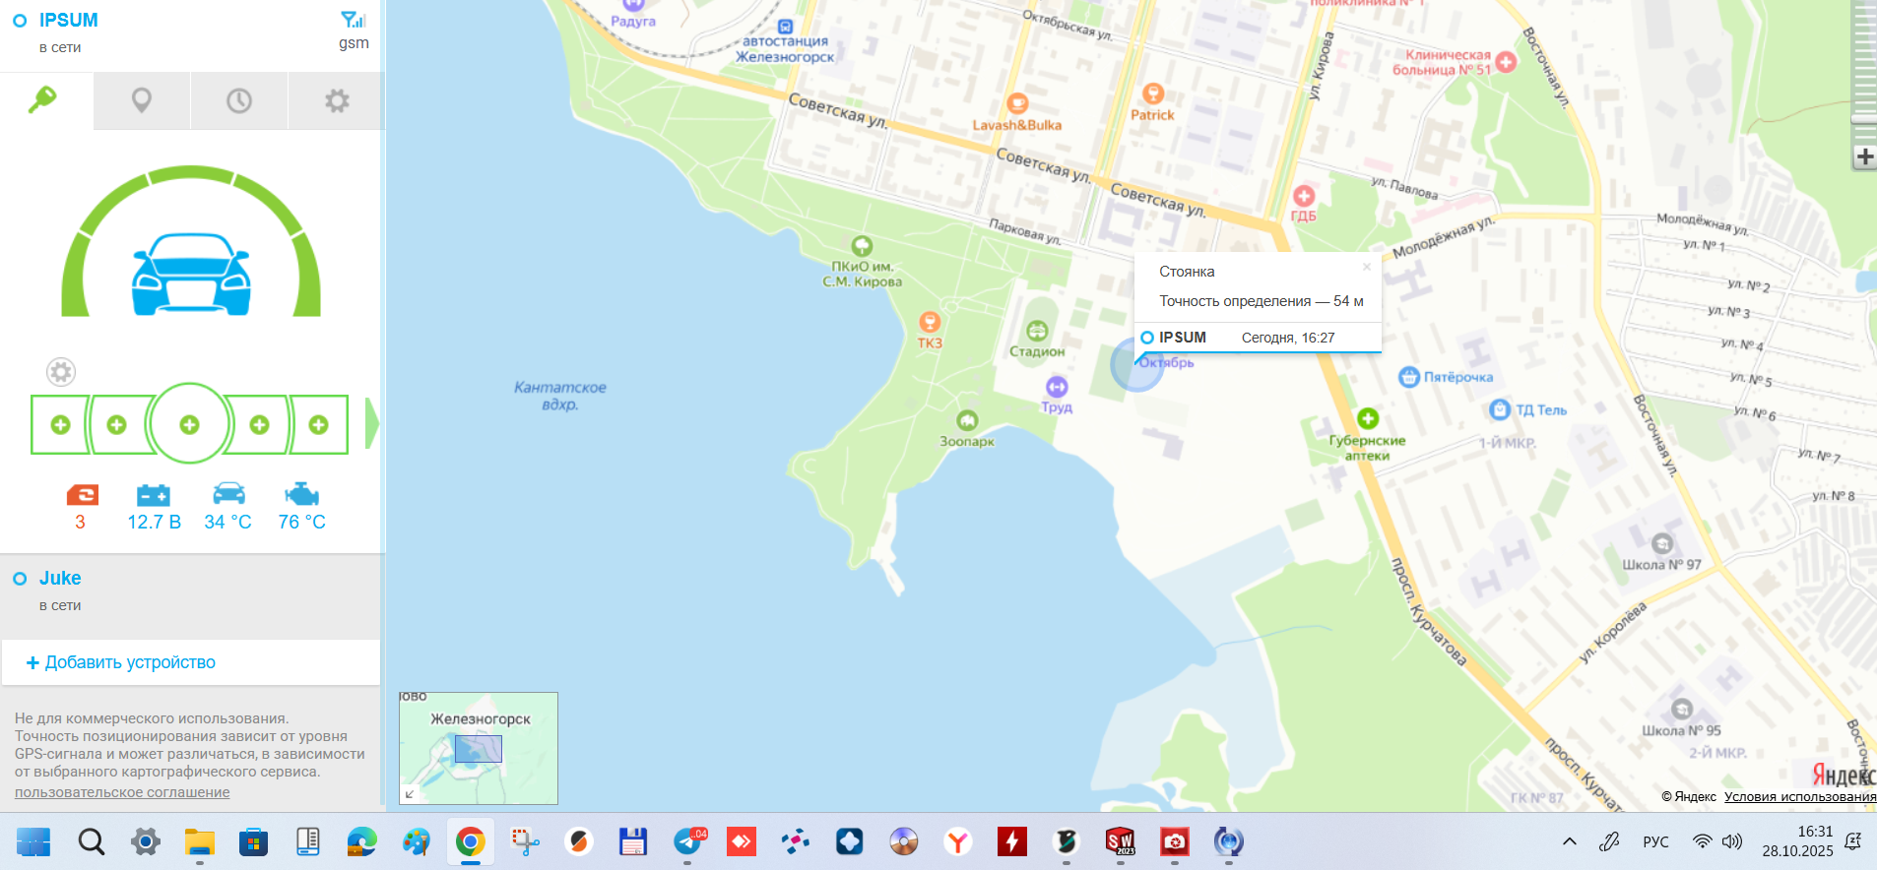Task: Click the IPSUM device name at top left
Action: coord(68,20)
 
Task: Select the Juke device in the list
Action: coord(60,578)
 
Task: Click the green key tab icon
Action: coord(42,99)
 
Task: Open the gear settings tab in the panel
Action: coord(337,100)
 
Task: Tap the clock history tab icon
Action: coord(239,100)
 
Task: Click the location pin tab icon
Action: coord(142,100)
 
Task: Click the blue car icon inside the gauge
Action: coord(191,275)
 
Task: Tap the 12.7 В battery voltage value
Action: coord(154,522)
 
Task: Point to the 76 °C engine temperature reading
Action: coord(301,522)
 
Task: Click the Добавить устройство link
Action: coord(129,662)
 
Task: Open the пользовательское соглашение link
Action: coord(122,792)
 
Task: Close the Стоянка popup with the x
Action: coord(1366,267)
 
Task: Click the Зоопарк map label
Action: coord(966,441)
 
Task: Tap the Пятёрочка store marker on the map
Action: coord(1409,377)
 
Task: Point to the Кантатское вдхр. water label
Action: coord(559,396)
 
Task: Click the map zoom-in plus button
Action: coord(1864,156)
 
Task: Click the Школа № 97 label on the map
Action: coord(1661,564)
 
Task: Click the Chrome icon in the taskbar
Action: coord(470,841)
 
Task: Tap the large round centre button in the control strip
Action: coord(189,424)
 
